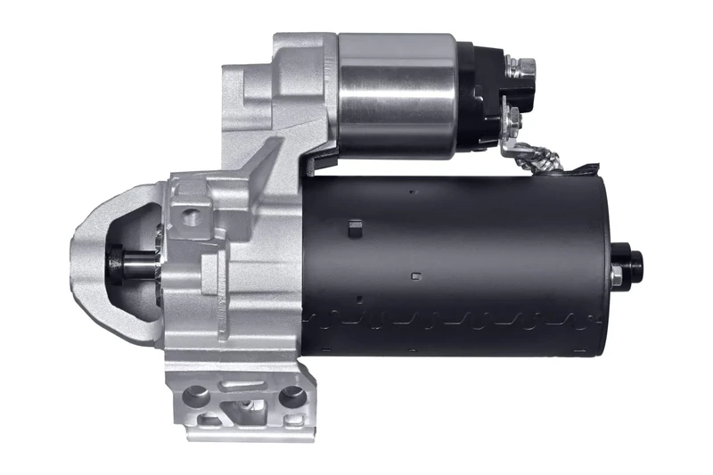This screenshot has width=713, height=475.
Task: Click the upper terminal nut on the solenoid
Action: (x=523, y=67)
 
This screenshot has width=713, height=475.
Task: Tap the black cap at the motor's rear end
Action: (x=631, y=263)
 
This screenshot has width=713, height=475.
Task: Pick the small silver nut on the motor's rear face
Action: (x=616, y=277)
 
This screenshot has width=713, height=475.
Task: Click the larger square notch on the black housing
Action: (x=353, y=229)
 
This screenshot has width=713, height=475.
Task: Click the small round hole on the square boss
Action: (x=188, y=215)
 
